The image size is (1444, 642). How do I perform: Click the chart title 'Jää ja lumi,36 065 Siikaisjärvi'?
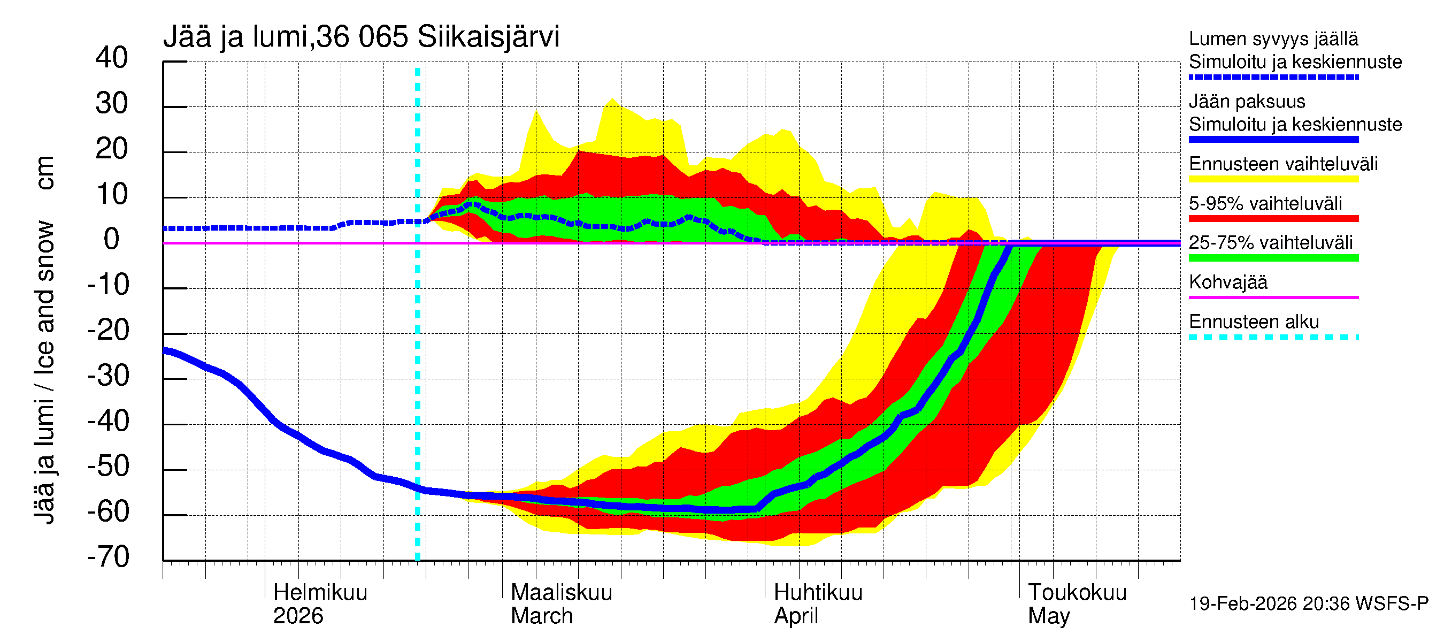(x=361, y=37)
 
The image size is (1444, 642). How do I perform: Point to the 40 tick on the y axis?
(x=112, y=58)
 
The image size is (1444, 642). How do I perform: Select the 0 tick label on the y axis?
(x=112, y=240)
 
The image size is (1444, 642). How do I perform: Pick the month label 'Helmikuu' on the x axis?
(x=320, y=592)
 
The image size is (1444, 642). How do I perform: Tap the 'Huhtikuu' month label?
(x=818, y=592)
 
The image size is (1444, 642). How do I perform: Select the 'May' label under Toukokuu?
(x=1048, y=616)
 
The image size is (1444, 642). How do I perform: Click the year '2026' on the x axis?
(x=298, y=616)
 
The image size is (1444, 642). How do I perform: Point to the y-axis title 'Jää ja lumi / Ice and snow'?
(x=44, y=372)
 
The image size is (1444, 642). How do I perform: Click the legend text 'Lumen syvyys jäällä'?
(x=1273, y=39)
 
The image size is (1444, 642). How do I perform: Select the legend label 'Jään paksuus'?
(x=1247, y=102)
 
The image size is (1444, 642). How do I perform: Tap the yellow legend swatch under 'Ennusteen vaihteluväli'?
(x=1273, y=179)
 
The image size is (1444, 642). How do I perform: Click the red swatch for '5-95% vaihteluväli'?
(x=1273, y=219)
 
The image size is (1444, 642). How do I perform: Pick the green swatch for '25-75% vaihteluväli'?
(x=1273, y=258)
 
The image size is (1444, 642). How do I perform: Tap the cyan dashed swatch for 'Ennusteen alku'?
(x=1273, y=337)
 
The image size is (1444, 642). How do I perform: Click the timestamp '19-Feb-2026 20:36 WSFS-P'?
(x=1308, y=603)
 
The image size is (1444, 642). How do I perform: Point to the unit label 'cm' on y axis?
(x=44, y=173)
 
